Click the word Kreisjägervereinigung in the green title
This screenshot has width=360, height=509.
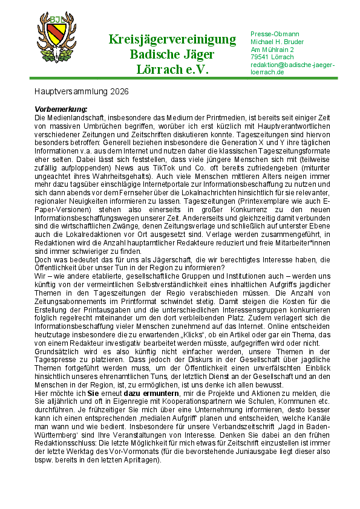click(x=172, y=40)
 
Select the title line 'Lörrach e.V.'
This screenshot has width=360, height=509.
click(x=172, y=70)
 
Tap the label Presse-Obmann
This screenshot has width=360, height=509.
click(x=275, y=33)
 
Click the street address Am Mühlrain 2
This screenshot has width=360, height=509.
click(x=272, y=49)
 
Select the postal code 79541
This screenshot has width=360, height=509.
click(x=260, y=57)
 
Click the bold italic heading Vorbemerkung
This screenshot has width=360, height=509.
click(x=62, y=109)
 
